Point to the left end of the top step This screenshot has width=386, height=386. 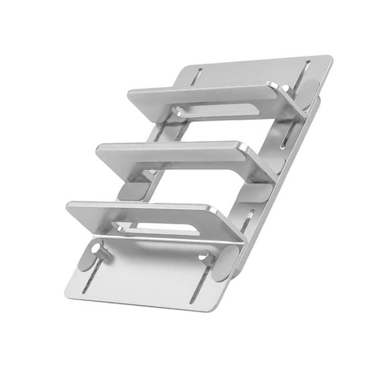tap(131, 96)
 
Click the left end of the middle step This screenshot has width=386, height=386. tap(99, 151)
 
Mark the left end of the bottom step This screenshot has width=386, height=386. tap(69, 208)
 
